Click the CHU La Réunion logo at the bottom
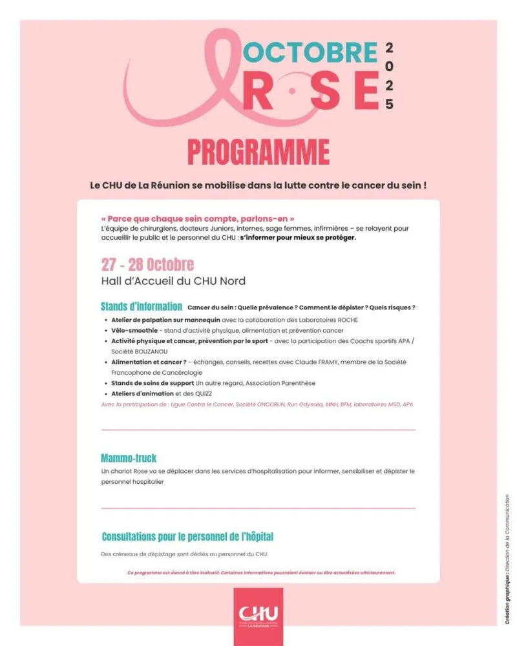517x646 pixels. click(258, 614)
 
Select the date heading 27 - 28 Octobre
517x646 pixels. click(147, 265)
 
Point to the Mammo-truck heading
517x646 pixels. click(129, 459)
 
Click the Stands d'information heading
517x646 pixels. click(142, 307)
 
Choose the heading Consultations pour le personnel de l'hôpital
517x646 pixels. click(187, 537)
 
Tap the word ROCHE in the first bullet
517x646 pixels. click(346, 320)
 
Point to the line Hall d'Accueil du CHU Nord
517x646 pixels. click(173, 281)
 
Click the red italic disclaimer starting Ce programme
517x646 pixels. click(261, 572)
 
